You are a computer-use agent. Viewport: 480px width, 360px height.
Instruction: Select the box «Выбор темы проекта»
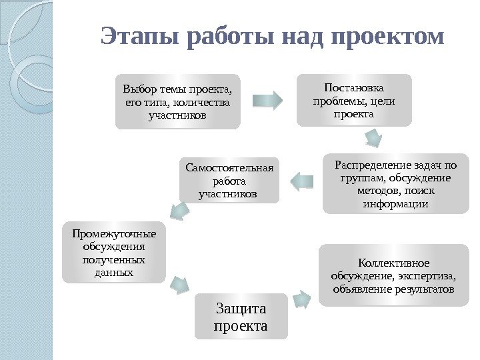[x=177, y=101]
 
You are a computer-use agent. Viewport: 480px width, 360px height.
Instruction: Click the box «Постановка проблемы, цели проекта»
[x=354, y=100]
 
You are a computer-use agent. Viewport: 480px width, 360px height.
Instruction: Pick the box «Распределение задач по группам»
[x=395, y=183]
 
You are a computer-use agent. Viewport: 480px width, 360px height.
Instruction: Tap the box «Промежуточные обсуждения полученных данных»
[x=114, y=252]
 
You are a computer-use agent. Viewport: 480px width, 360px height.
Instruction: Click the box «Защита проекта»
[x=241, y=316]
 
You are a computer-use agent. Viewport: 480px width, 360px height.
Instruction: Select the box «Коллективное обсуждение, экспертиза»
[x=393, y=275]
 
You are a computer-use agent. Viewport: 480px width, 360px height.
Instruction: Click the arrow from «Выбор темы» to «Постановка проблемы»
[x=268, y=101]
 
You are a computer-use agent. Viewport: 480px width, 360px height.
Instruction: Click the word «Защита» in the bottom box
[x=241, y=308]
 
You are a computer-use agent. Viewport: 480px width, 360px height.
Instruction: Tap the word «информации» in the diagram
[x=395, y=204]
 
